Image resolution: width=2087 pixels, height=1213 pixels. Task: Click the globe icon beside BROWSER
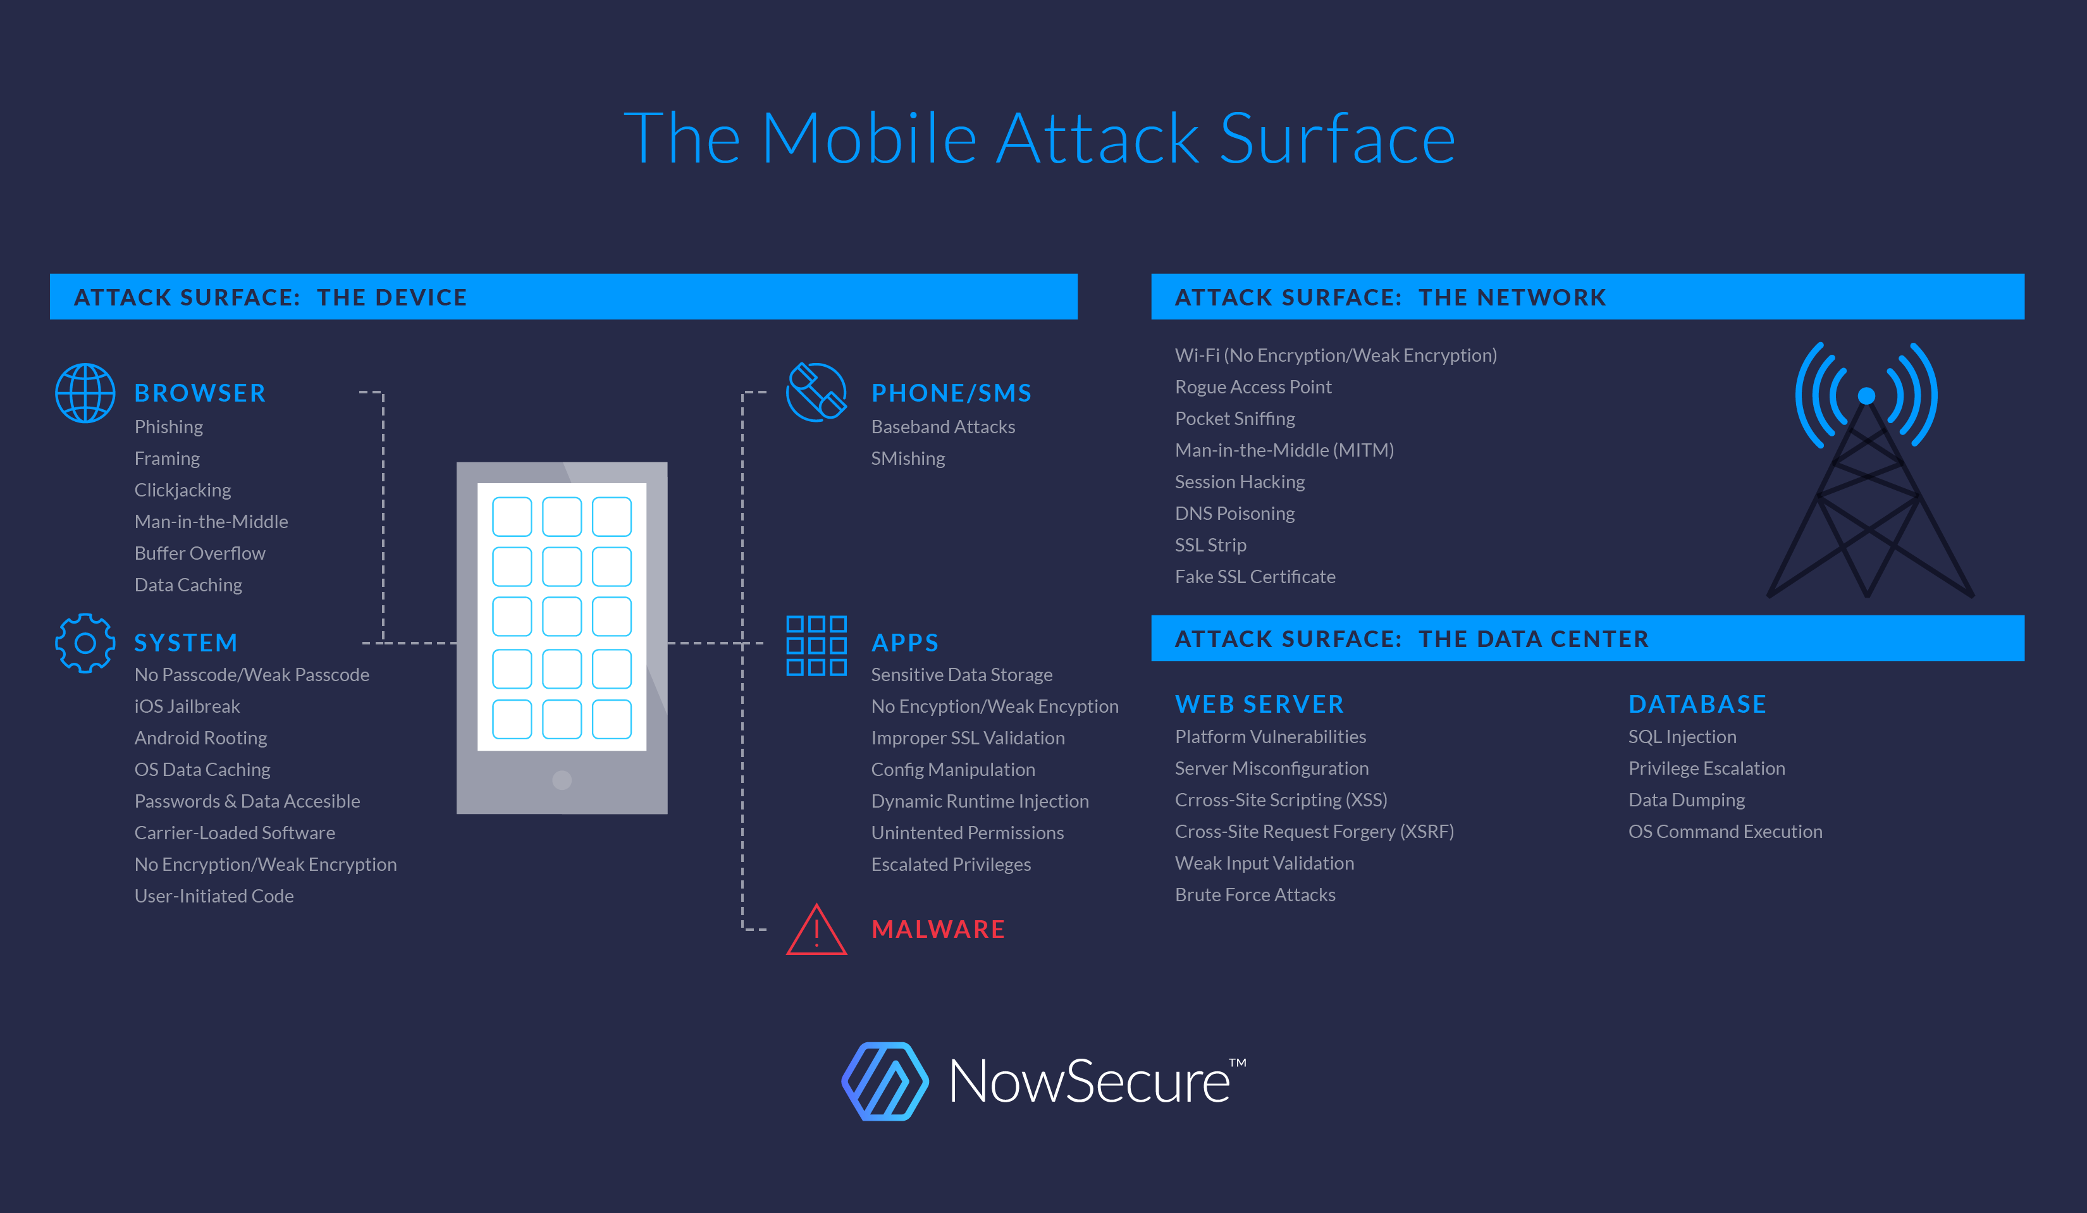coord(85,393)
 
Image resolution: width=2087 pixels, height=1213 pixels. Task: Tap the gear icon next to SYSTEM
coord(85,643)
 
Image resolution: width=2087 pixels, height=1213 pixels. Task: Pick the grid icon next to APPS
coord(816,645)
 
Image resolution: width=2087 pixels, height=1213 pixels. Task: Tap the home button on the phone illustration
coord(562,780)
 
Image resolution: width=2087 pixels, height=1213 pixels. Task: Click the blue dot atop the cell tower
coord(1866,396)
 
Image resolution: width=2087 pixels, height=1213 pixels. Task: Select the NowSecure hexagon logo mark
coord(885,1081)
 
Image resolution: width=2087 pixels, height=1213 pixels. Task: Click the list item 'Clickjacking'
coord(183,490)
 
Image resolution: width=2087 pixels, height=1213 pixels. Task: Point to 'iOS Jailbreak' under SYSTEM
coord(187,706)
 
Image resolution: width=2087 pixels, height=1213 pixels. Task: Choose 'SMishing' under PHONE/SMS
coord(908,459)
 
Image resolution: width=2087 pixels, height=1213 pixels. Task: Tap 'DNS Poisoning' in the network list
coord(1234,514)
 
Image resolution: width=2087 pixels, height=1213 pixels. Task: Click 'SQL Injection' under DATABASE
coord(1682,737)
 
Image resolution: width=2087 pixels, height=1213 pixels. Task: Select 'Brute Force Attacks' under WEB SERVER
coord(1255,895)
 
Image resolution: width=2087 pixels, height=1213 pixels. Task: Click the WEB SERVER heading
coord(1259,704)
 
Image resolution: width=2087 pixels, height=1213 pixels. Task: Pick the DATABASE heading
coord(1697,704)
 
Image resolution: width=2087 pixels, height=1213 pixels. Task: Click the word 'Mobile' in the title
coord(869,139)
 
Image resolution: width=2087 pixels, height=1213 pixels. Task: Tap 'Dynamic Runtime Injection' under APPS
coord(980,801)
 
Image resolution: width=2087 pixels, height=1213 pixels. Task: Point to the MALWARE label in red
coord(937,929)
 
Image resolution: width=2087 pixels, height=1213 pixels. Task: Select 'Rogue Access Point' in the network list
coord(1253,386)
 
